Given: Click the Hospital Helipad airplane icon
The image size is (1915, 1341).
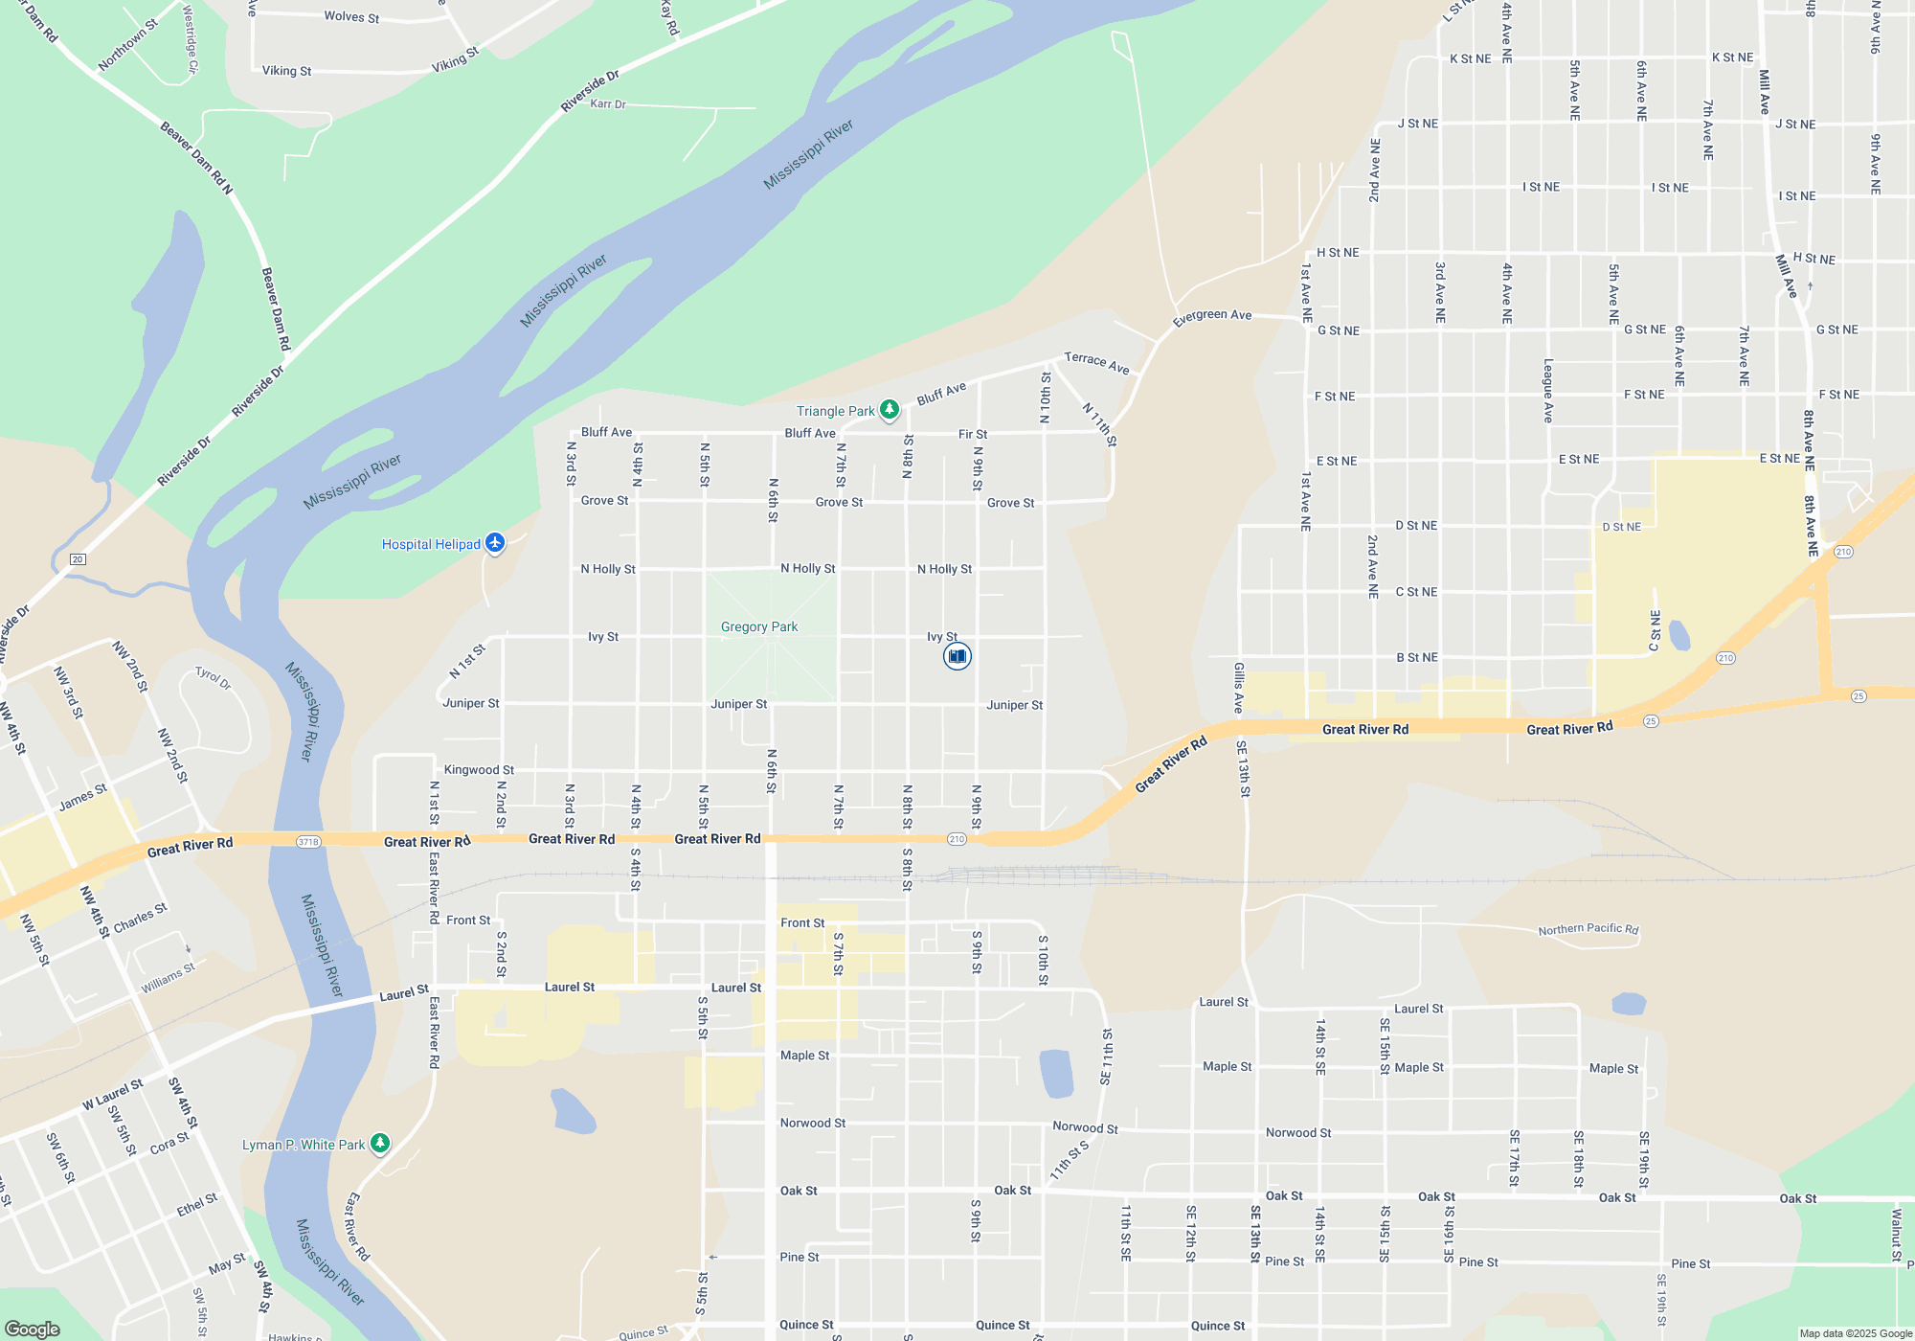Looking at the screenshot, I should point(494,543).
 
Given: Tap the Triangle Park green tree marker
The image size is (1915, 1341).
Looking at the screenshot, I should point(889,410).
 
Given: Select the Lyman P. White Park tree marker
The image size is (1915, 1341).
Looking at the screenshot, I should point(380,1144).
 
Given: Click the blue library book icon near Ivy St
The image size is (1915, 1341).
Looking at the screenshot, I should point(957,656).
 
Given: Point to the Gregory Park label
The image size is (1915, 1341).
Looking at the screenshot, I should point(759,626).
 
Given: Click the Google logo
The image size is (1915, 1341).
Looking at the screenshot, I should point(33,1330).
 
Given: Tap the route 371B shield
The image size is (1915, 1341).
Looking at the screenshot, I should point(308,842).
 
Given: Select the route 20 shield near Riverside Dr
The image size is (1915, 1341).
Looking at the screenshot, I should point(79,558).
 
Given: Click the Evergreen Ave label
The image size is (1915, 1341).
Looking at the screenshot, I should point(1212,315).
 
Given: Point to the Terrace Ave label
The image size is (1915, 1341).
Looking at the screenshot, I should point(1097,362).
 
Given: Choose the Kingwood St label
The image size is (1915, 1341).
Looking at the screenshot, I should point(479,770).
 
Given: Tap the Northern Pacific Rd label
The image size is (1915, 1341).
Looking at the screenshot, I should point(1588,929).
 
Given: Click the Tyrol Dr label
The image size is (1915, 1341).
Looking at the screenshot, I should point(213,678).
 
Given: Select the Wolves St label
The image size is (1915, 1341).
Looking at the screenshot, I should point(351,16).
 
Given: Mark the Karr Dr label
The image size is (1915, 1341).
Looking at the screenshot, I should point(608,103).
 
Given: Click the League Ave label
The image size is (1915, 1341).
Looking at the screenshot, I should point(1548,391).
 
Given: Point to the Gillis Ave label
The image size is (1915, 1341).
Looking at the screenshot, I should point(1239,688).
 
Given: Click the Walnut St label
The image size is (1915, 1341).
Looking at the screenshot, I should point(1896,1236).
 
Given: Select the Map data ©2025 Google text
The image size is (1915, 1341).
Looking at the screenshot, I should point(1856,1333).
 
